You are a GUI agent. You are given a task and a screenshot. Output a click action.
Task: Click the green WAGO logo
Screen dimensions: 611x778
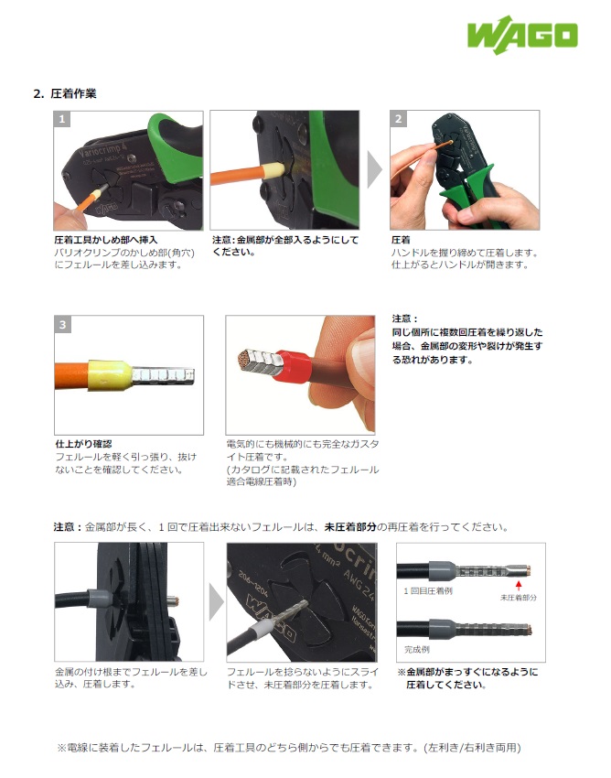point(522,35)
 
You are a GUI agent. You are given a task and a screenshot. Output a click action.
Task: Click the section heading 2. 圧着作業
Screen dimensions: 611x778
point(65,93)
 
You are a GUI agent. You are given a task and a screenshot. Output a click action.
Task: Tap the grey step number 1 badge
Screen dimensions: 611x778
point(62,119)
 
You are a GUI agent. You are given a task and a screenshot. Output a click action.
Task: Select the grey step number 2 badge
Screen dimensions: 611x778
point(398,119)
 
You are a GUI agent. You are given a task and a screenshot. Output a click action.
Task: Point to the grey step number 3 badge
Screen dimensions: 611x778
point(62,325)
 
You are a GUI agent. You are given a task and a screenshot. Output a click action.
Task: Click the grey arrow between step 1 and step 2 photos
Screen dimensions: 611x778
point(374,169)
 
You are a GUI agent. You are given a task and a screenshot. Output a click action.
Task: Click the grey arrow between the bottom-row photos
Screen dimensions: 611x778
point(216,602)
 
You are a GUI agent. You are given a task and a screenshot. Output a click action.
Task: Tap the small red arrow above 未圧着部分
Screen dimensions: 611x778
point(519,586)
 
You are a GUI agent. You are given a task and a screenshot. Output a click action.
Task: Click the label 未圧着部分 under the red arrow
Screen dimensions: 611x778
point(519,598)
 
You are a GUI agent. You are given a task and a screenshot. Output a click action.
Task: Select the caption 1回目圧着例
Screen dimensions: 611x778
point(428,591)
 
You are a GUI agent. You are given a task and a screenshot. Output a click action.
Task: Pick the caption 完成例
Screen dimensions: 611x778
point(417,650)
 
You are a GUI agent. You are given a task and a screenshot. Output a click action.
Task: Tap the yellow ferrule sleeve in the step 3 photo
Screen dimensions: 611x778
point(110,375)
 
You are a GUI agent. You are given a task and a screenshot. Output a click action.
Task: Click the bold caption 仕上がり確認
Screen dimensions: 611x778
point(84,444)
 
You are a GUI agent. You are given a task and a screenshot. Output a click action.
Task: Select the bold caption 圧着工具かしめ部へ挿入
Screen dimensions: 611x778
point(105,240)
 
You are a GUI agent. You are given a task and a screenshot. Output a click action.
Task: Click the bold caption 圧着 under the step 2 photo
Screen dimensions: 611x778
point(401,240)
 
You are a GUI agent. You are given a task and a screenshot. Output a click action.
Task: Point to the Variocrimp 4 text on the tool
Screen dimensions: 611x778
point(102,148)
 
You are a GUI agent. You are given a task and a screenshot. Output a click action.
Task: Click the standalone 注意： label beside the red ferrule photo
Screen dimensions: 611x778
point(404,319)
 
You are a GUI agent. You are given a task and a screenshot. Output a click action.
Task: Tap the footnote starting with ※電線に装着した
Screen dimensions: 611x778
point(289,748)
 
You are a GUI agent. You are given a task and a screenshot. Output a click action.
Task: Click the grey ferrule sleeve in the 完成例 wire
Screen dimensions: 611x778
point(442,629)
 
